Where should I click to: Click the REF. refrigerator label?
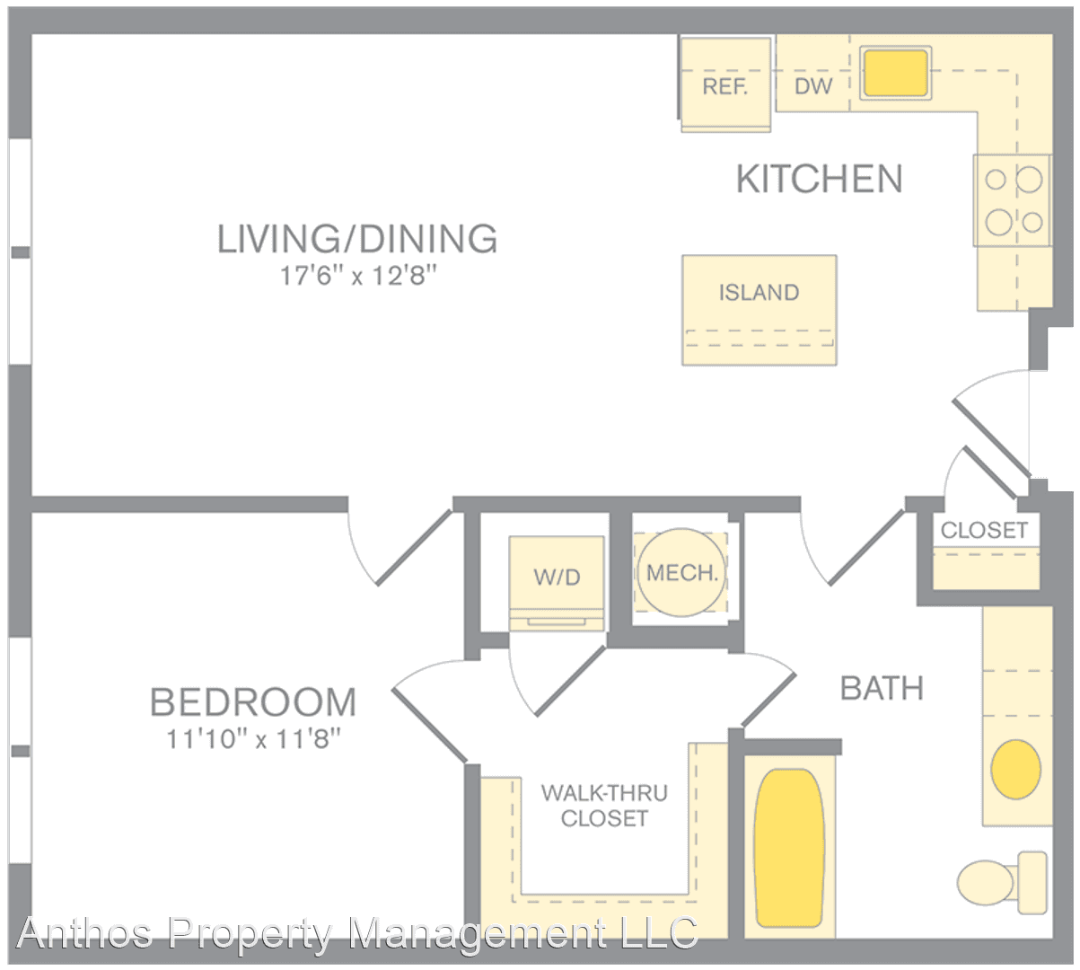pos(725,86)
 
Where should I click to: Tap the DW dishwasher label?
pos(813,86)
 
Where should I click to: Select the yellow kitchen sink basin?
pos(896,74)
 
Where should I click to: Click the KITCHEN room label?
pos(820,179)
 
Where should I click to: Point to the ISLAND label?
pos(760,293)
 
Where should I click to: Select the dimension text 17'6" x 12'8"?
pos(358,277)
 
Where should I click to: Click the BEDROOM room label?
pos(253,702)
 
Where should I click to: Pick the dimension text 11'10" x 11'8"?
pos(254,740)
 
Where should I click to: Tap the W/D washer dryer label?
pos(558,577)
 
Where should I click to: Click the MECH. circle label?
pos(681,573)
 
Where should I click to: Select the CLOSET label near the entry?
pos(984,531)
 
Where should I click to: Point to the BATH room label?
pos(882,689)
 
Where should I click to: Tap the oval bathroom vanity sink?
pos(1015,770)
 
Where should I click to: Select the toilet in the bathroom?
pos(1002,882)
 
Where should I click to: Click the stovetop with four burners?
pos(1012,200)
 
